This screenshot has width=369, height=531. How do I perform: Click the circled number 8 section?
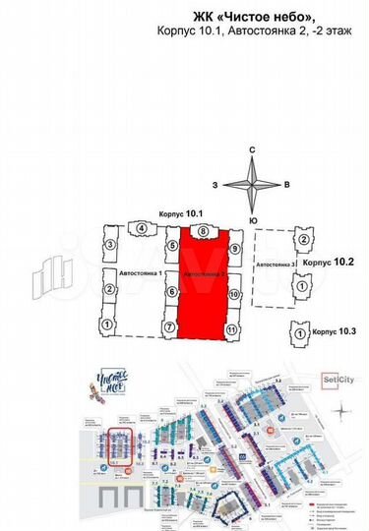pos(203,233)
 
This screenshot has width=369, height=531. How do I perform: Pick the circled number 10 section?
pos(234,294)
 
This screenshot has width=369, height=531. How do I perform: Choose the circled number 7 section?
pos(170,326)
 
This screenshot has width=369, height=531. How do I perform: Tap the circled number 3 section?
pos(111,244)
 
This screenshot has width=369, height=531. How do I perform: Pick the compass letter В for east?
pos(285,184)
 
